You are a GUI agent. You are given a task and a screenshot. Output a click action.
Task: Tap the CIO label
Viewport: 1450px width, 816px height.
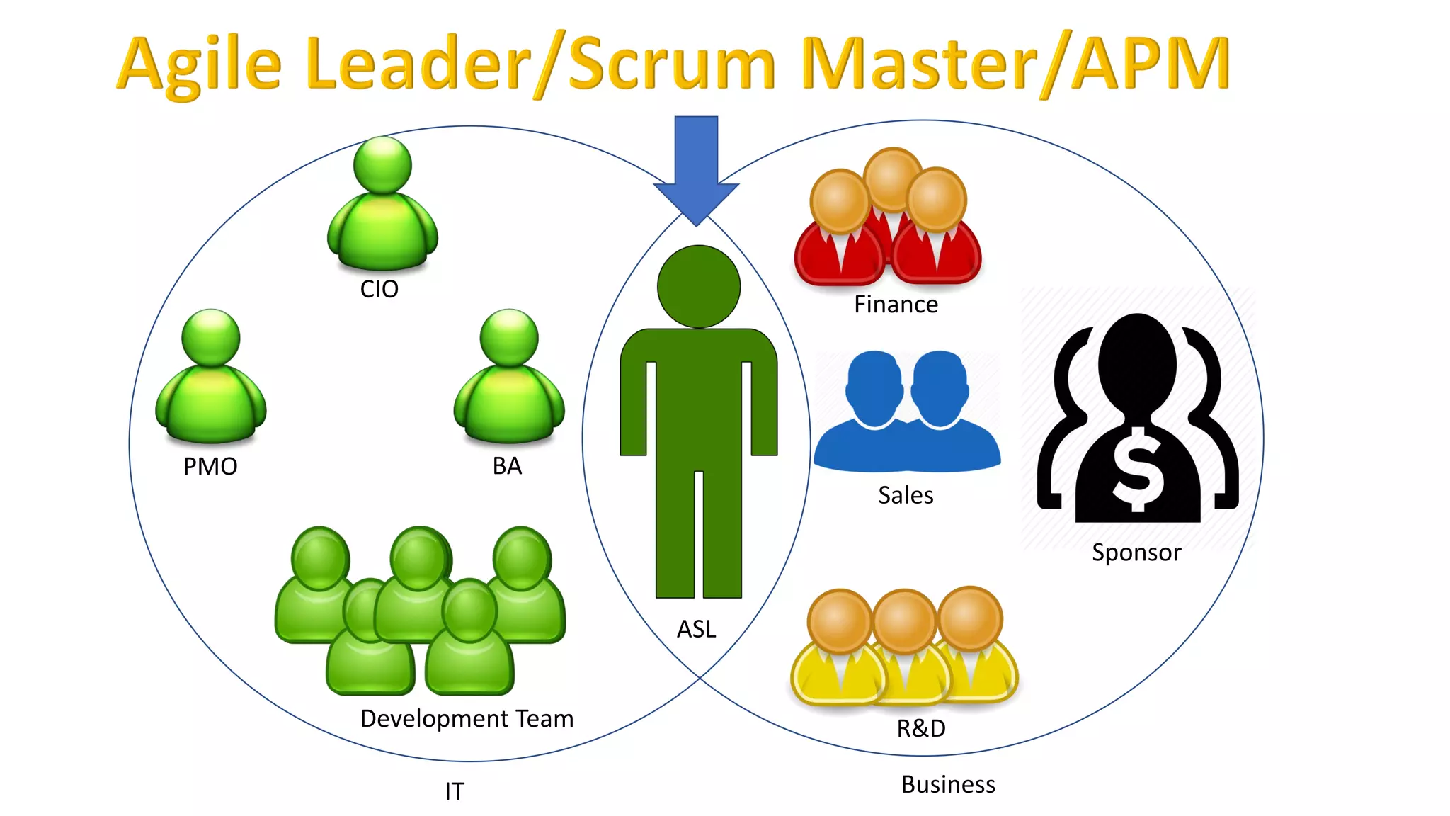point(379,290)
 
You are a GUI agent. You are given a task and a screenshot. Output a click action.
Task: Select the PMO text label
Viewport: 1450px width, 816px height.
point(210,467)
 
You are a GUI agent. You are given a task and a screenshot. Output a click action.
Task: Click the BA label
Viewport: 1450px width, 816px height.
point(507,466)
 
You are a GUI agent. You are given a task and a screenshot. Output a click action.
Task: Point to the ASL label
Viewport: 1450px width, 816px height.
point(697,629)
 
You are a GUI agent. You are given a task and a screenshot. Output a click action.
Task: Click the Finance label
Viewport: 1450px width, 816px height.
point(896,305)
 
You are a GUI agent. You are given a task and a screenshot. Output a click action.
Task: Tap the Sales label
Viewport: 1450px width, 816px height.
point(906,495)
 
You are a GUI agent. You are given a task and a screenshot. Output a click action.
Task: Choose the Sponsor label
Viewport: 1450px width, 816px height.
point(1136,552)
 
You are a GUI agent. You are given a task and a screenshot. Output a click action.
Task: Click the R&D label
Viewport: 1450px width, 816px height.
point(921,728)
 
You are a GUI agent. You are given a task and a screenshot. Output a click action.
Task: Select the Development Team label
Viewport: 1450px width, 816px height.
point(467,719)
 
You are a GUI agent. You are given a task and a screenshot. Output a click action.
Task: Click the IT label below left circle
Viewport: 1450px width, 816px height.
point(455,791)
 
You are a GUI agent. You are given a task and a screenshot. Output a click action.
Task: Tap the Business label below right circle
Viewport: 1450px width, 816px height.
point(948,785)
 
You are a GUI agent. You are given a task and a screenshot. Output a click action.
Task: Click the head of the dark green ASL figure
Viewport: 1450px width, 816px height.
point(699,287)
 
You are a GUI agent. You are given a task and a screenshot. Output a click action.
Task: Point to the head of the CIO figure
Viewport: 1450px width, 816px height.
point(382,165)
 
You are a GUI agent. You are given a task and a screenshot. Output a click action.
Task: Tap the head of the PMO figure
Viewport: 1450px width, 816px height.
point(211,337)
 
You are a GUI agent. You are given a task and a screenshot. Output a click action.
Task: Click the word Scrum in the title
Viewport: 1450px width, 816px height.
point(671,65)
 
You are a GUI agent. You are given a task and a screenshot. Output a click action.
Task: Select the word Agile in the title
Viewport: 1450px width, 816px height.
point(200,65)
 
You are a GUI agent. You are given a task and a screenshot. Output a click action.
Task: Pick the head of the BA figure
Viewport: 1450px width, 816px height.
point(509,337)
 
